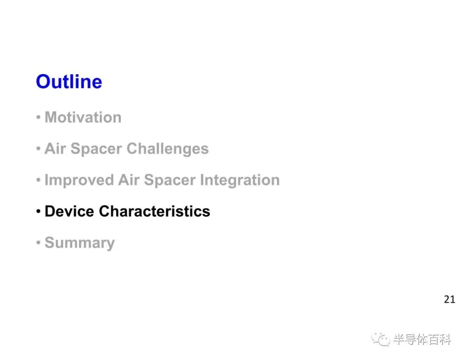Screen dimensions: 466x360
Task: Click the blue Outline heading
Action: click(69, 82)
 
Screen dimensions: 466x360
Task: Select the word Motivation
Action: click(83, 117)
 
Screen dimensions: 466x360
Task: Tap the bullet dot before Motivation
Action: click(38, 117)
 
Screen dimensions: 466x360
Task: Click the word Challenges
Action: click(167, 149)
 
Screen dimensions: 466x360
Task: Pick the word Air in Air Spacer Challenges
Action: click(55, 148)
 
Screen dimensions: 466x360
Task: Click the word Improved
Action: click(79, 180)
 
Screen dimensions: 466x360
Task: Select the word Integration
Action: click(240, 180)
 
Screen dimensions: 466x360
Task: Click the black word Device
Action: click(69, 212)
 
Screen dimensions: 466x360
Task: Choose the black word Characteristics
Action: click(154, 212)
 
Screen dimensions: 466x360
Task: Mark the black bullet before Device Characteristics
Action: click(38, 212)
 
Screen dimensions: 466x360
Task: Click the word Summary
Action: click(80, 243)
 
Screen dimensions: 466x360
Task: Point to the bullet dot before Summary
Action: click(38, 243)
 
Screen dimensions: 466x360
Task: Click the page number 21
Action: click(449, 300)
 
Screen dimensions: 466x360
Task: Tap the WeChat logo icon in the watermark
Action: click(381, 339)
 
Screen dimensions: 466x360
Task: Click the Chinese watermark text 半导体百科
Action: click(422, 339)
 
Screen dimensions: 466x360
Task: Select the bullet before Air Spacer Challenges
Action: click(38, 148)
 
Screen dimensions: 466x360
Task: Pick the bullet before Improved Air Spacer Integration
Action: click(38, 180)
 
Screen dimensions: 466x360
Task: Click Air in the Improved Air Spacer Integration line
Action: click(129, 180)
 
